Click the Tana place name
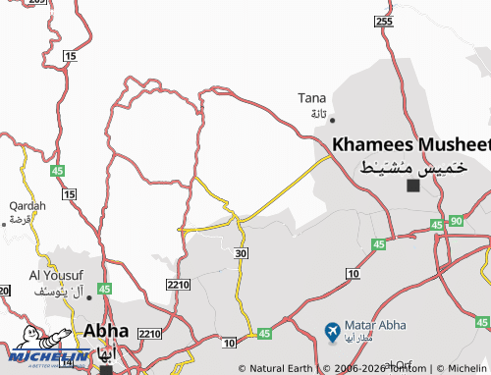click(x=312, y=97)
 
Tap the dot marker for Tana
click(x=332, y=120)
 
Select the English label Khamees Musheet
click(x=410, y=144)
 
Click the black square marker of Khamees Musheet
click(x=413, y=185)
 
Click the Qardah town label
click(x=27, y=206)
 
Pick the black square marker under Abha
click(x=105, y=370)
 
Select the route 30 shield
click(x=242, y=253)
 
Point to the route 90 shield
click(x=455, y=222)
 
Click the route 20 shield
click(x=4, y=291)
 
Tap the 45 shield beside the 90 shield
click(x=436, y=226)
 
